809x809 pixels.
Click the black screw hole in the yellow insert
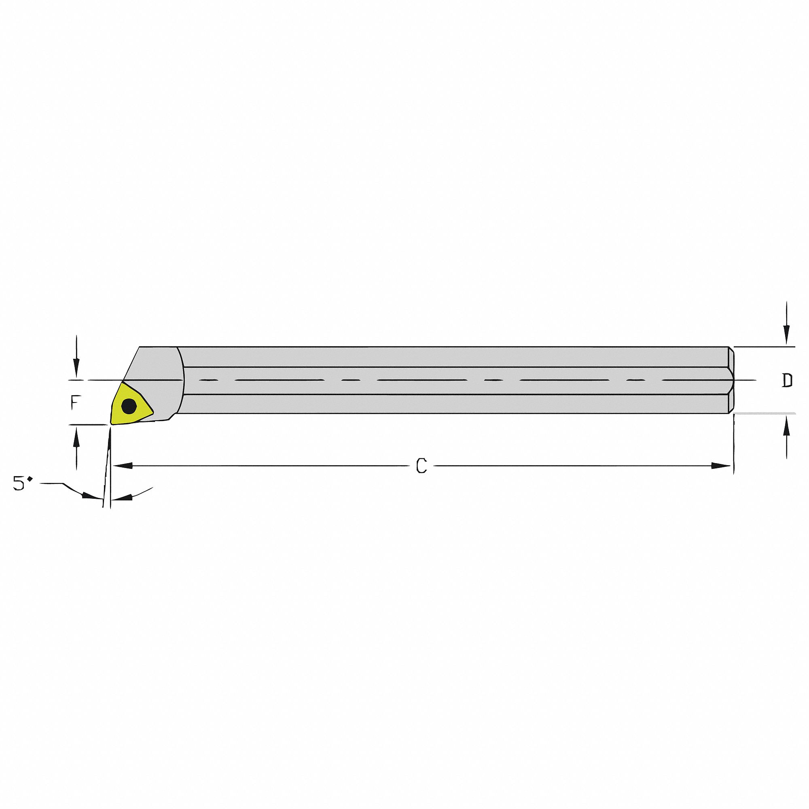pyautogui.click(x=129, y=405)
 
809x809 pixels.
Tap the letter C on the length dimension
pyautogui.click(x=421, y=466)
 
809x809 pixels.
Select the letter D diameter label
pyautogui.click(x=788, y=380)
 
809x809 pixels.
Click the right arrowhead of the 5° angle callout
pyautogui.click(x=124, y=497)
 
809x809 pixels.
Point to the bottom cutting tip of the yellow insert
pyautogui.click(x=111, y=423)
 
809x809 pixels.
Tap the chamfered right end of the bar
pyautogui.click(x=731, y=380)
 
